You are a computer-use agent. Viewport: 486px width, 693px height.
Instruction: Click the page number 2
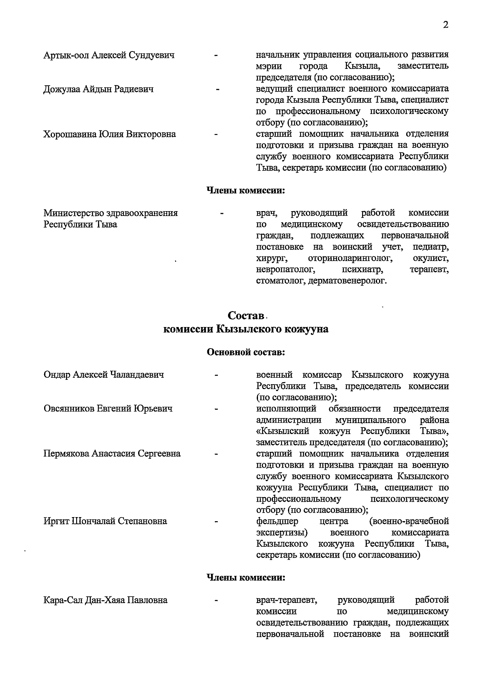446,25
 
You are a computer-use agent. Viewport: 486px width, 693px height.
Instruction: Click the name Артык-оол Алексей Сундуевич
109,55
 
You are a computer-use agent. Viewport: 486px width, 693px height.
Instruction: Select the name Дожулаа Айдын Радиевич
98,89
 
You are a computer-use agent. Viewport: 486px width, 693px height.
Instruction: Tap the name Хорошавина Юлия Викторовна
110,134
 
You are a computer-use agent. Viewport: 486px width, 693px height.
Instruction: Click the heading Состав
246,315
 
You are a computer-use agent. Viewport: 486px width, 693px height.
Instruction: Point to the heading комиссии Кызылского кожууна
245,329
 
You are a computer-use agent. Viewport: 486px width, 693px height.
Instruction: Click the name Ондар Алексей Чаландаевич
104,375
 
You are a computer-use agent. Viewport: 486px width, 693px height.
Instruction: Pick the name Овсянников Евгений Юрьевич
108,409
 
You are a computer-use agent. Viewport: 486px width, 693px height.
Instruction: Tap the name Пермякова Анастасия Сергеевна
112,453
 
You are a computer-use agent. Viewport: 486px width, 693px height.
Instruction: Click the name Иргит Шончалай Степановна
105,521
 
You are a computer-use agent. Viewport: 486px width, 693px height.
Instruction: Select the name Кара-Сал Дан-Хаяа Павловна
105,600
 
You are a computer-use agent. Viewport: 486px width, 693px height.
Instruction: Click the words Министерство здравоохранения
111,213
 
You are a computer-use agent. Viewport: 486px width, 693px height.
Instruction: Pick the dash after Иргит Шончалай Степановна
217,522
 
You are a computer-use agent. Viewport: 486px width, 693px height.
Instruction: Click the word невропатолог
285,269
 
